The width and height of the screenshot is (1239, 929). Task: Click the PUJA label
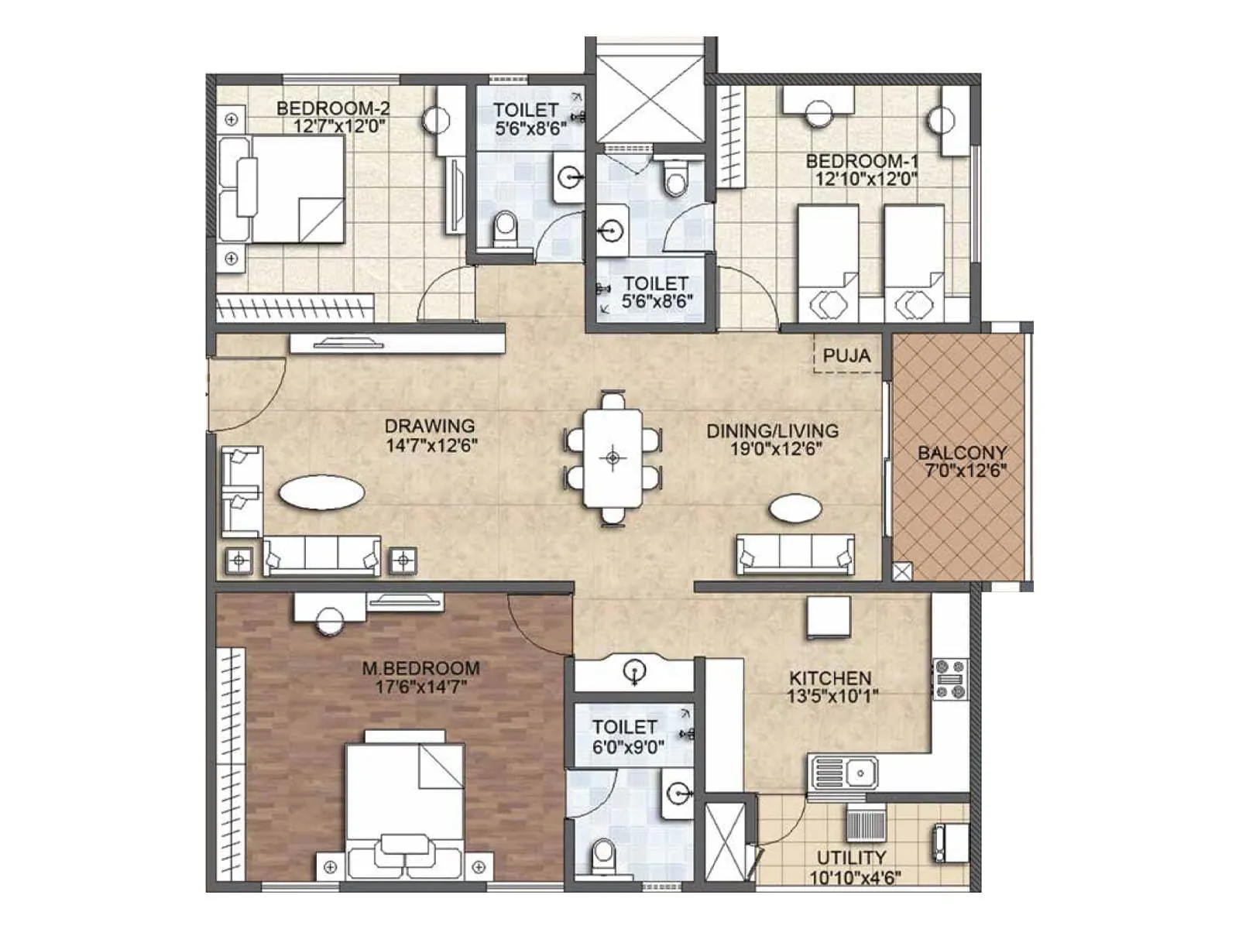point(846,356)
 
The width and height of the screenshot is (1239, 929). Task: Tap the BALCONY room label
point(962,453)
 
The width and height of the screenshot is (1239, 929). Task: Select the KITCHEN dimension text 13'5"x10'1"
point(832,697)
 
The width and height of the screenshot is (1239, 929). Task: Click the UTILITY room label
point(851,858)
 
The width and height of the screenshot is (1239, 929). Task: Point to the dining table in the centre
point(613,458)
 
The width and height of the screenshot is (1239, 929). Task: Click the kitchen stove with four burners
point(950,679)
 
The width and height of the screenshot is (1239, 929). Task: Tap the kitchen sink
point(844,773)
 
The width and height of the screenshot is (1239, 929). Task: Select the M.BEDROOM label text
point(420,668)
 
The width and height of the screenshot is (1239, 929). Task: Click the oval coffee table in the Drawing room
point(321,492)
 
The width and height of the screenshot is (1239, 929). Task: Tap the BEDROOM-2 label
point(333,108)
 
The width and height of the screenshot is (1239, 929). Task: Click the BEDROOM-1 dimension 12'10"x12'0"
point(865,180)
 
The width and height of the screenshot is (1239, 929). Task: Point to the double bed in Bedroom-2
point(283,190)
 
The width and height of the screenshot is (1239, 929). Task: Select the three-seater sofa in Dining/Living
point(795,554)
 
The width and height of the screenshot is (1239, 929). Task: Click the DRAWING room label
point(430,426)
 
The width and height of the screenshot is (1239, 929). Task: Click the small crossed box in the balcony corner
point(901,572)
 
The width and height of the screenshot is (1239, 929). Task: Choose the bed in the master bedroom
point(404,805)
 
